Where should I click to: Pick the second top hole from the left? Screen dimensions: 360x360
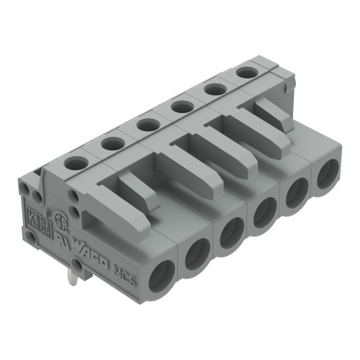tap(112, 144)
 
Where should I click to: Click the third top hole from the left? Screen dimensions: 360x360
tap(148, 125)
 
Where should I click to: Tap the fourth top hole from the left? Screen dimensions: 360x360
tap(181, 107)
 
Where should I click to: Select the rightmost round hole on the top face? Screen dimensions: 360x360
tap(246, 72)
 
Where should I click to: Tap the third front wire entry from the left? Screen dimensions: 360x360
tap(231, 232)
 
